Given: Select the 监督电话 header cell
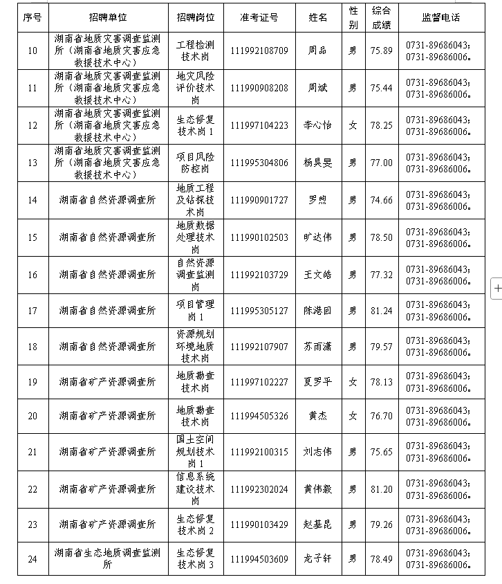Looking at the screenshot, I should (440, 16).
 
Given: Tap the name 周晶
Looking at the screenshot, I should (317, 51).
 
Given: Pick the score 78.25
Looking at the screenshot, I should (381, 125).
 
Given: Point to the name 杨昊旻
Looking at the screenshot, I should (317, 163).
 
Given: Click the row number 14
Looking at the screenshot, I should (32, 200).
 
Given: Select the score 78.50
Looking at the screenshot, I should (381, 237).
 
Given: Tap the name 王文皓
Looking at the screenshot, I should (317, 275).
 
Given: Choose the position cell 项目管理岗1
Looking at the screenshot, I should (196, 311).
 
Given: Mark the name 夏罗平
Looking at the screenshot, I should (317, 382).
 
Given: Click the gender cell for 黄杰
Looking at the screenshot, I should (353, 416).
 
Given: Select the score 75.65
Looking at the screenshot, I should (381, 452).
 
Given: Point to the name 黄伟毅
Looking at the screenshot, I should (317, 489).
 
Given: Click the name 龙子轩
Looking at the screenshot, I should (317, 559).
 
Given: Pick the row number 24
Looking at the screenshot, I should (32, 559).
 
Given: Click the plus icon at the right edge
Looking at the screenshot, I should (497, 288).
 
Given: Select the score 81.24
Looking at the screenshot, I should (381, 311).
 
